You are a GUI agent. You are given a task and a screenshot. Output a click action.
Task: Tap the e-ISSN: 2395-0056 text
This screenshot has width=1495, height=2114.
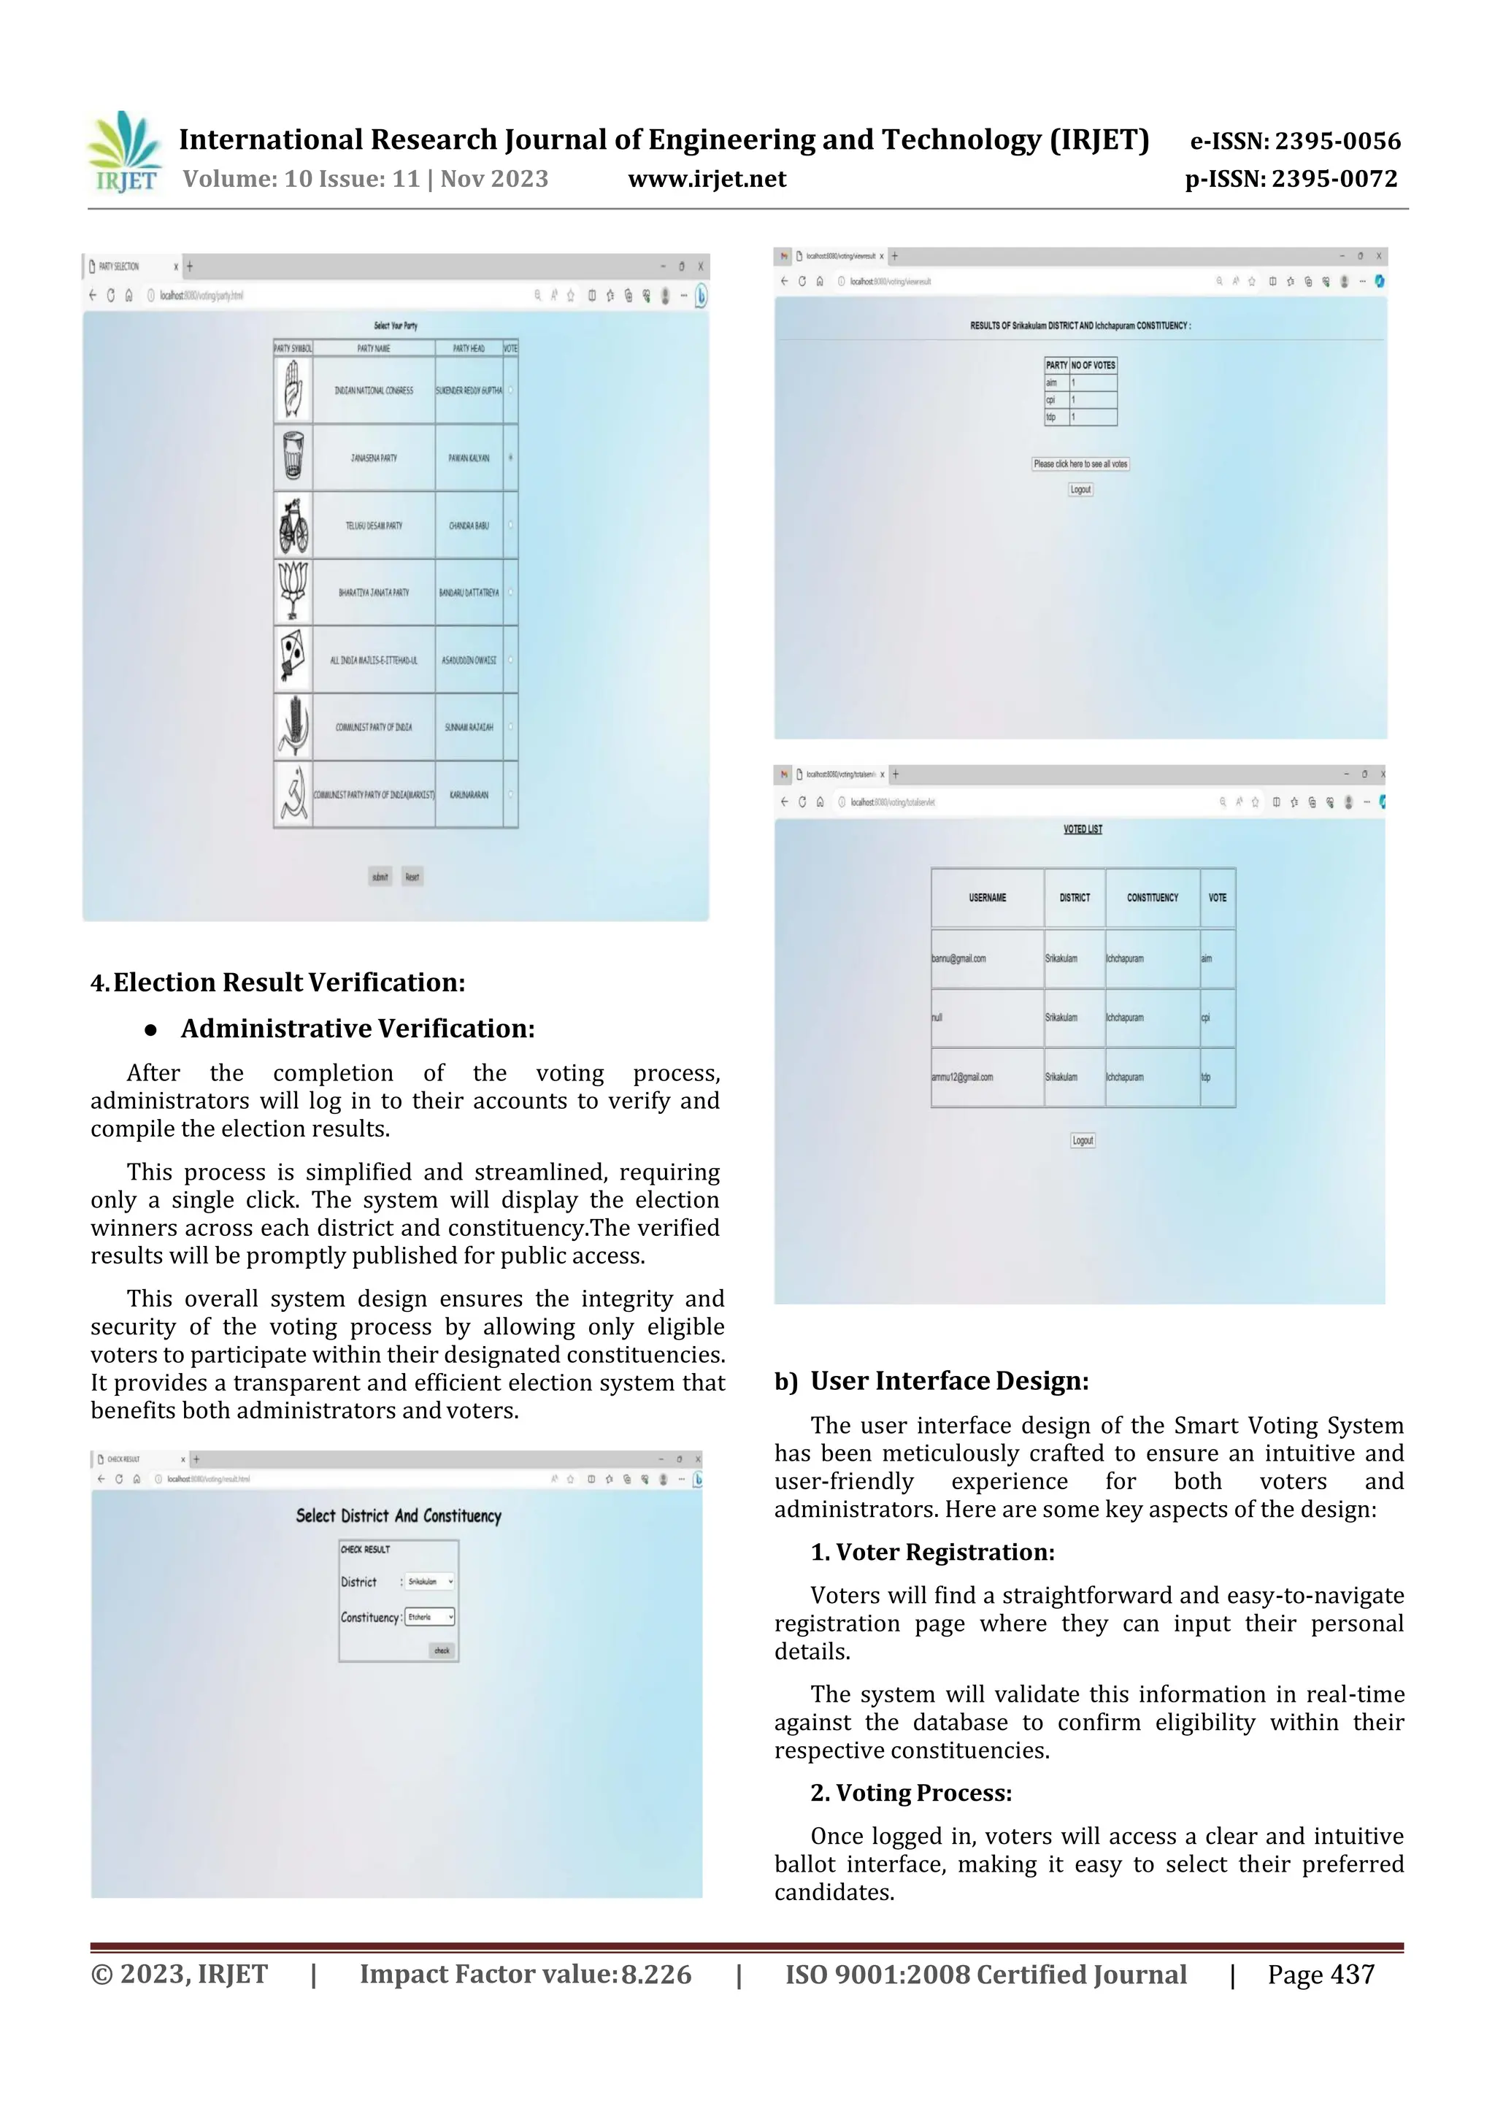1294,141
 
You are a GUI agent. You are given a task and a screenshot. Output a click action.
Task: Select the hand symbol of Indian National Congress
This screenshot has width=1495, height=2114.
293,391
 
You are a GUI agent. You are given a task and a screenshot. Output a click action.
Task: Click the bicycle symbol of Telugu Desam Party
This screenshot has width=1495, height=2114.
293,526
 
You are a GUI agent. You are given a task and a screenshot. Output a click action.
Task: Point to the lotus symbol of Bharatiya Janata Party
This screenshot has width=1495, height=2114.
293,592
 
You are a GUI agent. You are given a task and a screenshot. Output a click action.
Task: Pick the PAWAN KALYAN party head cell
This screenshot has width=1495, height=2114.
469,458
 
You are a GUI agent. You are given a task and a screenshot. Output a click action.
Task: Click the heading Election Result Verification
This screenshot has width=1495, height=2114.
288,983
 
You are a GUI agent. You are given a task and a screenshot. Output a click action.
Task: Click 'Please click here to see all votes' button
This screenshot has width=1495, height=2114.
1080,464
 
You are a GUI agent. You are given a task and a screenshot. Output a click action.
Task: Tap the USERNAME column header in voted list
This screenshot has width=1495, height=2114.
987,898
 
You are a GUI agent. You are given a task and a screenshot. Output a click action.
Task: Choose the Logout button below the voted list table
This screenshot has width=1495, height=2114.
1083,1141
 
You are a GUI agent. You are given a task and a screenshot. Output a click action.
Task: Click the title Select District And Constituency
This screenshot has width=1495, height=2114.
398,1516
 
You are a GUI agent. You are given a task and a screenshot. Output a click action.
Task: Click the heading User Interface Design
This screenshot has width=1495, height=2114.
949,1381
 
